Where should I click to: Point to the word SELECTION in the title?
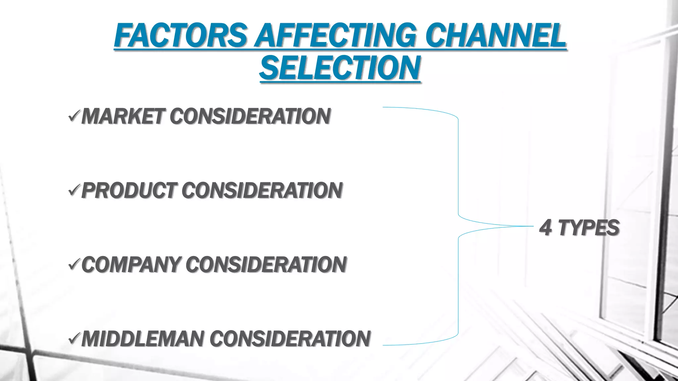340,68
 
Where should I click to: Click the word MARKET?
122,116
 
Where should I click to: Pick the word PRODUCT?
128,191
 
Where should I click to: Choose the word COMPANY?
131,265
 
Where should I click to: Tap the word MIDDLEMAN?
143,339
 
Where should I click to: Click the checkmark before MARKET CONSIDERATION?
73,116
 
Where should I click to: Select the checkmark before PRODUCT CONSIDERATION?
73,191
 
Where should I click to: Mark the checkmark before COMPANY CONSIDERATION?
73,265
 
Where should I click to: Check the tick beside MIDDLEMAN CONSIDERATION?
73,339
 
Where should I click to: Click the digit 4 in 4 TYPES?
546,228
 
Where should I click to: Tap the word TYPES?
589,228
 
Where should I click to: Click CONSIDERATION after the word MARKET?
250,116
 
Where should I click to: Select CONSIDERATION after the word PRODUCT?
262,191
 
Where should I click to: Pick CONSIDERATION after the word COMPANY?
266,265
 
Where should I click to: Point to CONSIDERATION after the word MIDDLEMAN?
290,339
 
